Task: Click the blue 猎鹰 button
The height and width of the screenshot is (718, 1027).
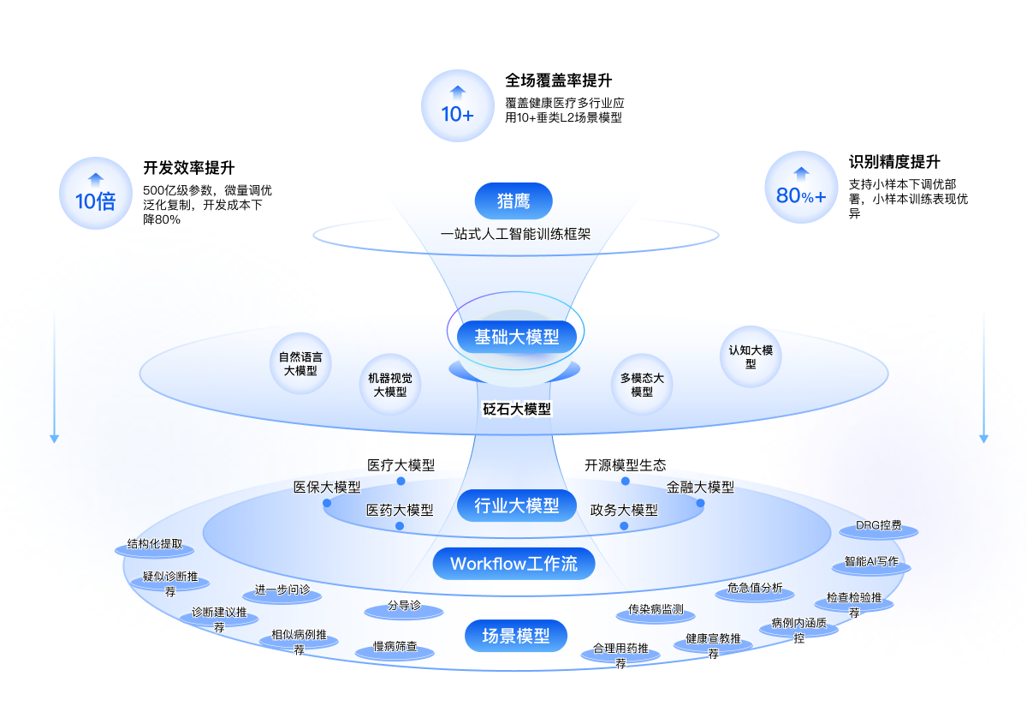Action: (x=513, y=201)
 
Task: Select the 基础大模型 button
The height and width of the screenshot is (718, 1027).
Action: (x=516, y=337)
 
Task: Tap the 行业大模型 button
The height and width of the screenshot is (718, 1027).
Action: (x=516, y=506)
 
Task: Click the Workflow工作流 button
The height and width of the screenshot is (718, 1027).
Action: (x=513, y=564)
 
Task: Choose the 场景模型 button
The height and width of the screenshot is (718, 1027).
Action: (x=516, y=636)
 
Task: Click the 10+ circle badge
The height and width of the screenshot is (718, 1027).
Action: (x=457, y=105)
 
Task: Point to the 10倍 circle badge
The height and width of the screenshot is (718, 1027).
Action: (x=95, y=193)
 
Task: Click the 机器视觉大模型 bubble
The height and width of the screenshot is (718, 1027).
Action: (x=390, y=385)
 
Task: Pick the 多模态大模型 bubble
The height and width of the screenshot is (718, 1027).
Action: (x=642, y=385)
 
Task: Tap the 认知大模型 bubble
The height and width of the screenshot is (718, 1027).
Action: (x=751, y=356)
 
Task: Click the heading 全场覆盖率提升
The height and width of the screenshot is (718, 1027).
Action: (x=558, y=81)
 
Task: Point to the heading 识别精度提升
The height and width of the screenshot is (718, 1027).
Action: (x=893, y=162)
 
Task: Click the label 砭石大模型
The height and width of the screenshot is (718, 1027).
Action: (x=517, y=409)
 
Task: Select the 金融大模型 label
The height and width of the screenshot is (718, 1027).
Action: (x=700, y=488)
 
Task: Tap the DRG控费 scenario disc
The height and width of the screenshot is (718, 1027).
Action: (x=879, y=527)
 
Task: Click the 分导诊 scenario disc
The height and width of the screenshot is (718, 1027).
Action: (x=404, y=607)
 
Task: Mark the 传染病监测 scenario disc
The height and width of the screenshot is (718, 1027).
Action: (x=656, y=611)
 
